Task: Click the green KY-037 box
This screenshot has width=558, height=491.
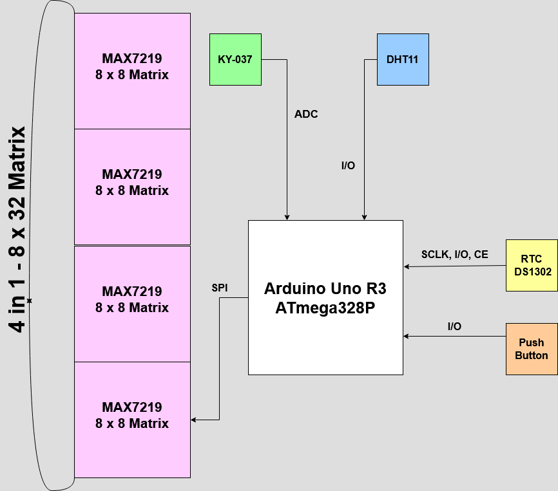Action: point(235,59)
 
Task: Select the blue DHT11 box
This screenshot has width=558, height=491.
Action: point(403,59)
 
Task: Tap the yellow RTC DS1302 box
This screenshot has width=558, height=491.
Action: point(532,265)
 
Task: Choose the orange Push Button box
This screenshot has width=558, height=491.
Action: point(532,349)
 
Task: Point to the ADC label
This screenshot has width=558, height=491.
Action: point(306,115)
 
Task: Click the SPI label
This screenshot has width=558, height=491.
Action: point(220,288)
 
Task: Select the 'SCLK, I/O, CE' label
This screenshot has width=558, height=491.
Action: point(454,255)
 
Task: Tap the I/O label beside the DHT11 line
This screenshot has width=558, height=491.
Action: point(348,166)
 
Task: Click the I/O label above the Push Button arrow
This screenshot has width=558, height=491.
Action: point(454,327)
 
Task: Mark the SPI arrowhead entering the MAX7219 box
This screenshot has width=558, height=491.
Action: point(194,420)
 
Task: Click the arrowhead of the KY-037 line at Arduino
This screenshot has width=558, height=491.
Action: point(287,217)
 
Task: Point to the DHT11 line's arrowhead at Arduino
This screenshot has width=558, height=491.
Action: point(365,217)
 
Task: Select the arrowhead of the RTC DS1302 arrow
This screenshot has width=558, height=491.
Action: point(407,266)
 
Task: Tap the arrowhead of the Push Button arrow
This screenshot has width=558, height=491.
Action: point(407,336)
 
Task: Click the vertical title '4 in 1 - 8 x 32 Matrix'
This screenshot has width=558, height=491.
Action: point(18,228)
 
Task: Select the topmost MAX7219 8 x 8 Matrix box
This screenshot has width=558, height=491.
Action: point(132,71)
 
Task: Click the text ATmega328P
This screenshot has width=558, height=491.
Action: point(325,308)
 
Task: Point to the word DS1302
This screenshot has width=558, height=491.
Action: point(532,272)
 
